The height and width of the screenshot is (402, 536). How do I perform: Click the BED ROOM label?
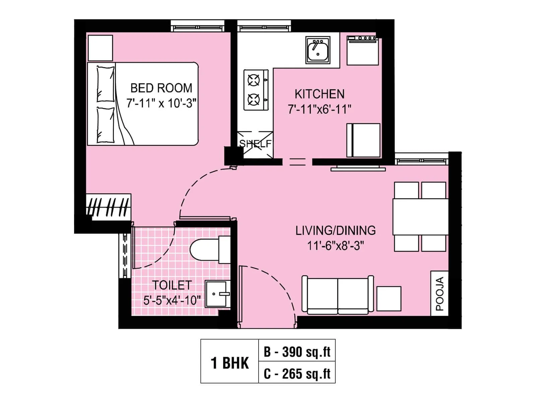161,88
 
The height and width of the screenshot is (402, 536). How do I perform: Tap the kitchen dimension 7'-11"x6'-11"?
319,109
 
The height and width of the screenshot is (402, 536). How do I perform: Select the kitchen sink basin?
318,50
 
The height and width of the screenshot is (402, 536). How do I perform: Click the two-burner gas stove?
256,90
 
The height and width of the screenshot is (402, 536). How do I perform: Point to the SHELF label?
255,144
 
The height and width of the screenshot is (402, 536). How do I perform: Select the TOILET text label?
172,285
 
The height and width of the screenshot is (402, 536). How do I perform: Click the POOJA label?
440,293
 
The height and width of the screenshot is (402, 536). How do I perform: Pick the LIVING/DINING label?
335,230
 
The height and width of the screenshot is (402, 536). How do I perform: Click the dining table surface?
420,217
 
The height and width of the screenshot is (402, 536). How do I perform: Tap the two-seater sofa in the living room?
337,295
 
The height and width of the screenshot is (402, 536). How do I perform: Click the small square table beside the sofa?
389,298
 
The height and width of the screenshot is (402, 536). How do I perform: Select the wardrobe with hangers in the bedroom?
109,207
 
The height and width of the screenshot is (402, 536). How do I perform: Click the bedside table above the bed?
100,48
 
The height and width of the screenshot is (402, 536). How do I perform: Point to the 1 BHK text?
230,363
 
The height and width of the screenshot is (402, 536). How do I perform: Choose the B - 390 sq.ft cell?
297,352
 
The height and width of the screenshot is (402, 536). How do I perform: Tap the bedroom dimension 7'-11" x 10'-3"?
161,103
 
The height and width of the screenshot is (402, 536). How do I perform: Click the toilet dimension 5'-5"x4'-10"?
172,300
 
